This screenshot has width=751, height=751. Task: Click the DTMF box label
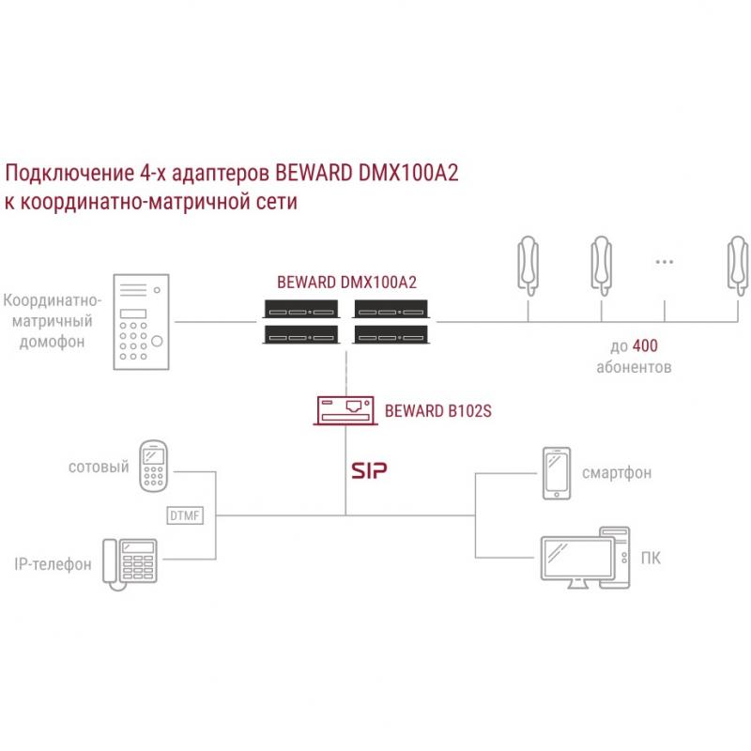(185, 515)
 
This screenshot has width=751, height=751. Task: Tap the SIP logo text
(369, 471)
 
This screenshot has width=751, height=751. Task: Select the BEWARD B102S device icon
(345, 410)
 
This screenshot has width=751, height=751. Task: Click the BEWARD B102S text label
(438, 411)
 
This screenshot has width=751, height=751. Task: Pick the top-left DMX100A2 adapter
(300, 310)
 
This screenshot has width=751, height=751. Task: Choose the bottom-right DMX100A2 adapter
(391, 335)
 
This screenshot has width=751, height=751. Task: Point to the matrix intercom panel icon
(142, 322)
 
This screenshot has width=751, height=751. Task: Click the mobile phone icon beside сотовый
(153, 467)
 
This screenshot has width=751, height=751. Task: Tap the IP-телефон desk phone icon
(130, 564)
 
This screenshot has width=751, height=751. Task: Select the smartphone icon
(557, 474)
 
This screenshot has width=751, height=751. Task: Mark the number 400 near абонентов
(645, 345)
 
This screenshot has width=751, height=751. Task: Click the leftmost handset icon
(529, 266)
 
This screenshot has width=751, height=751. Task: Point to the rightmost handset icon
(738, 266)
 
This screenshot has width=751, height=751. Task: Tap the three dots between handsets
(665, 262)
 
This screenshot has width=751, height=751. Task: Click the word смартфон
(617, 473)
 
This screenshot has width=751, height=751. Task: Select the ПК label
(651, 558)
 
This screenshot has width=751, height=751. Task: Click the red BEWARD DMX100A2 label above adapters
(346, 283)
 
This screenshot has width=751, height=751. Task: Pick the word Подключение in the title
(69, 174)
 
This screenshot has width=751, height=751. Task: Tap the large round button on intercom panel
(157, 341)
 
